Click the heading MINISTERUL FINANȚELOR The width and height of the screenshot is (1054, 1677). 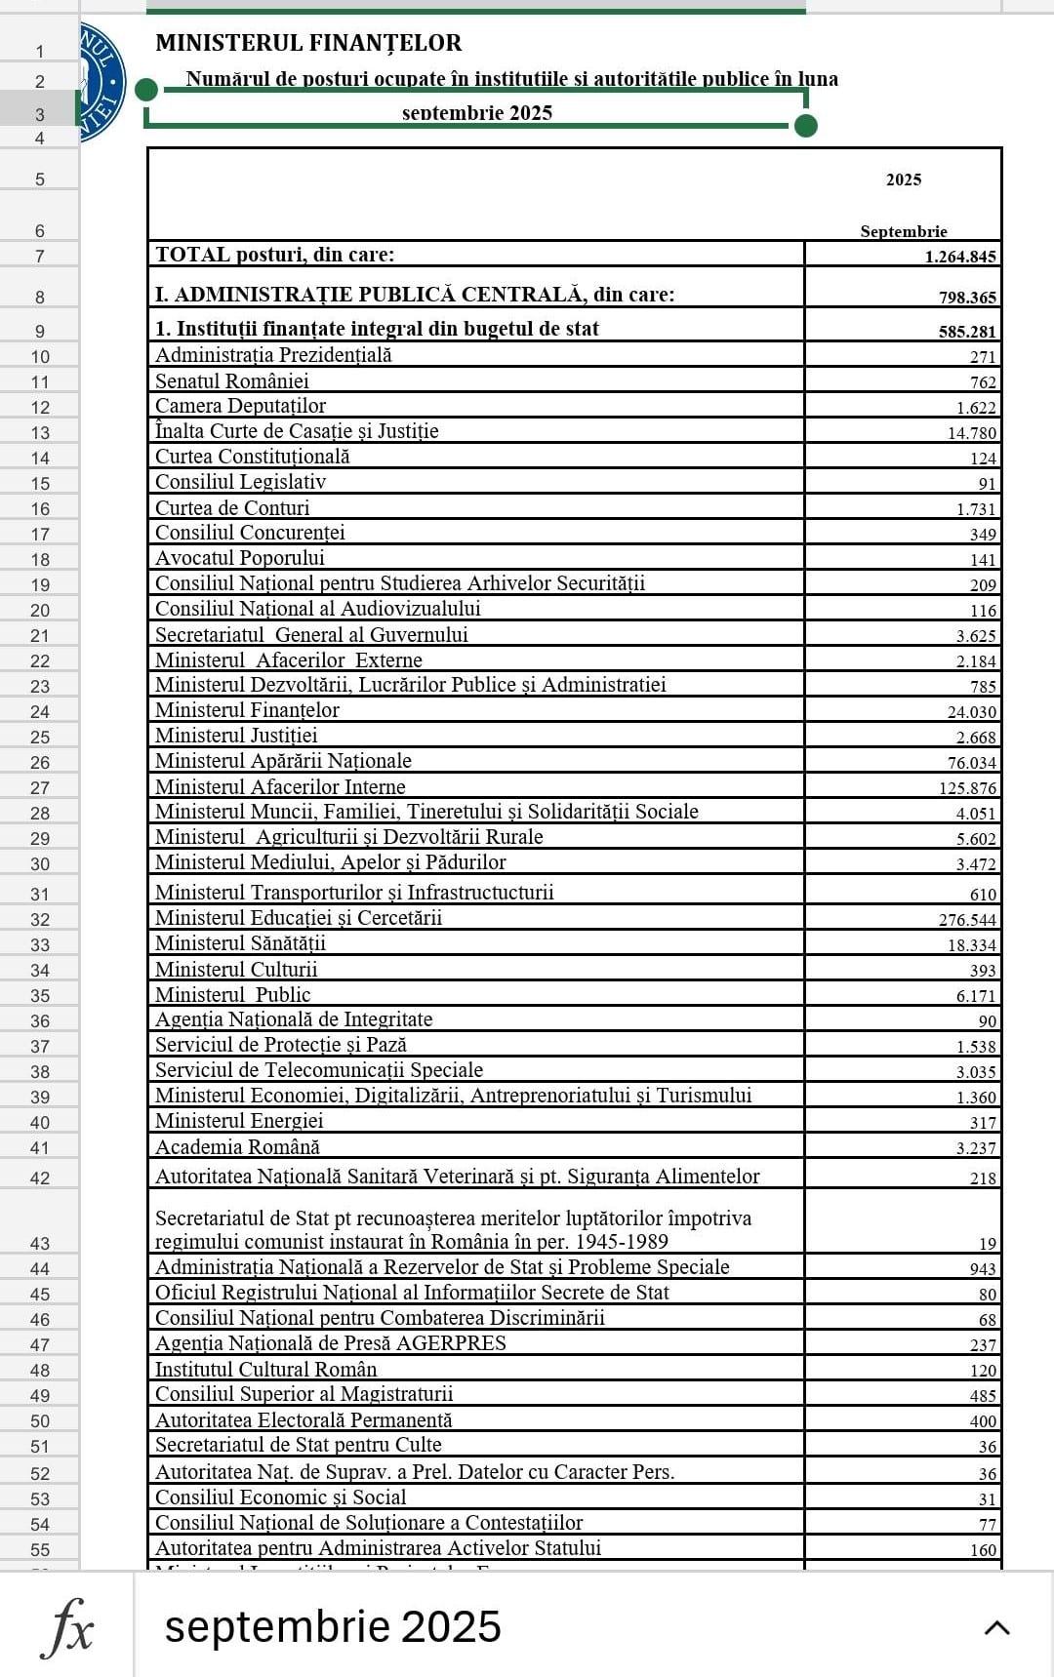coord(308,43)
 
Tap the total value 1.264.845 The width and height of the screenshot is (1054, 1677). coord(960,257)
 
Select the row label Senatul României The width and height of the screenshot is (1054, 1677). coord(231,381)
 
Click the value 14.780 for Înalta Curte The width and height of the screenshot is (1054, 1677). coord(971,433)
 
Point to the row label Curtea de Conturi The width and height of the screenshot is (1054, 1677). coord(232,508)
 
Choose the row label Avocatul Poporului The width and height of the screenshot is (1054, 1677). coord(240,558)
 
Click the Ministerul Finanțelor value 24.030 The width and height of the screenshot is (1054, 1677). coord(971,712)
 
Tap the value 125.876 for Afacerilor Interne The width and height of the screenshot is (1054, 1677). coord(967,788)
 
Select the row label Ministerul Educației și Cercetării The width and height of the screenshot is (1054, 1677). coord(299,918)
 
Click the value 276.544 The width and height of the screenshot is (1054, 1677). coord(967,920)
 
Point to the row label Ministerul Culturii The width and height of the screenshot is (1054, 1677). coord(236,970)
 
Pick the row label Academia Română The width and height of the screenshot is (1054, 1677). coord(237,1147)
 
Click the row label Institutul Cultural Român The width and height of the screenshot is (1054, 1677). coord(265,1370)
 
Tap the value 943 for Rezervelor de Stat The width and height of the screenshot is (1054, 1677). coord(982,1269)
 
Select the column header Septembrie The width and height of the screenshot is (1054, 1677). coord(903,231)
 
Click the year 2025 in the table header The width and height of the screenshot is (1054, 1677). coord(903,180)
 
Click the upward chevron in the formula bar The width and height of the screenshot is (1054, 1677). coord(996,1627)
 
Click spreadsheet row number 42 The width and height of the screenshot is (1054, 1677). coord(40,1178)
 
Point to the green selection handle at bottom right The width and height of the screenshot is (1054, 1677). coord(806,126)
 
